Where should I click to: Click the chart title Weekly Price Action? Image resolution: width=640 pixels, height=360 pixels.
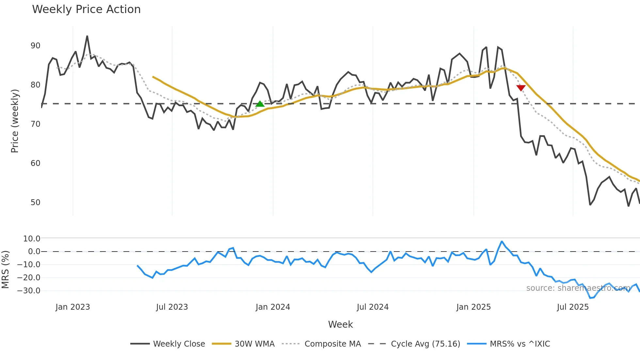(x=86, y=9)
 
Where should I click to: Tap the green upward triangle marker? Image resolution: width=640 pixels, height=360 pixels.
(x=260, y=104)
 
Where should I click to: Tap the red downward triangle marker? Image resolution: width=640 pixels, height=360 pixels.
(x=521, y=88)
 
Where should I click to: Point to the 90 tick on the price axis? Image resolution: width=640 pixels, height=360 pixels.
(x=35, y=46)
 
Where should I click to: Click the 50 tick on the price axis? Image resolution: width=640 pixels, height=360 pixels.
(x=35, y=203)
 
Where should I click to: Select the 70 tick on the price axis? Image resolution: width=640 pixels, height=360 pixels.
(x=35, y=124)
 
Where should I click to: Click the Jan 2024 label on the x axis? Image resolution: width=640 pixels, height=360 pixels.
(x=273, y=307)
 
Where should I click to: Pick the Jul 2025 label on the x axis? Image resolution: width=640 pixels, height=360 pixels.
(x=573, y=307)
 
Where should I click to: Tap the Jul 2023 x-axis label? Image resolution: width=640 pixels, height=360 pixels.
(x=172, y=307)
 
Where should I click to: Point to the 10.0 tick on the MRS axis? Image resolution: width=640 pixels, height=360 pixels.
(x=32, y=239)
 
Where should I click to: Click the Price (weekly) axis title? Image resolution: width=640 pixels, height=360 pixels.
(x=15, y=121)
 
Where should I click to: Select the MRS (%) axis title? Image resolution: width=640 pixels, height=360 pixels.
(x=5, y=270)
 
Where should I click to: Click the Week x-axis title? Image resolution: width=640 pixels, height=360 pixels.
(x=340, y=324)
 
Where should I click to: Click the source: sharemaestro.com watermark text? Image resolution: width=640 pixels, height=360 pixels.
(x=578, y=288)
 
